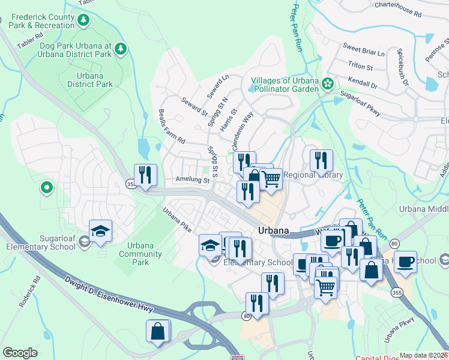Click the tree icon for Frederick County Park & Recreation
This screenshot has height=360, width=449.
[x=83, y=20]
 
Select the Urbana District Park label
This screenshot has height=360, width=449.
[x=90, y=80]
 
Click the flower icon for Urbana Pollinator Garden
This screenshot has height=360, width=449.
[x=328, y=84]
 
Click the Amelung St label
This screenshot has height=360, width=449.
[x=192, y=179]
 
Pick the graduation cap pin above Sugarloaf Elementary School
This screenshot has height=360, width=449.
[x=101, y=231]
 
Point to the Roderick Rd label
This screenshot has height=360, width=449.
[x=29, y=292]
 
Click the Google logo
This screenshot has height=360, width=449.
[x=20, y=352]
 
